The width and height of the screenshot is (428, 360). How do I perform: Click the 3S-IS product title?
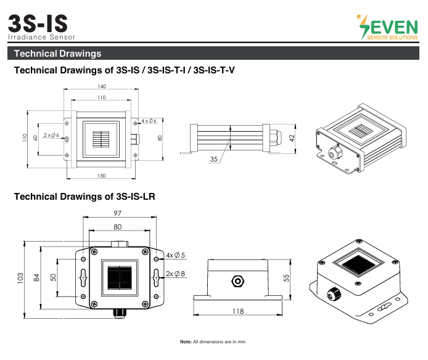point(38,23)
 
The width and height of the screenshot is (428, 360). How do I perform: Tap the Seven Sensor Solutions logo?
point(387,27)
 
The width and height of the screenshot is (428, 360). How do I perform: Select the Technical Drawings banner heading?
point(57,54)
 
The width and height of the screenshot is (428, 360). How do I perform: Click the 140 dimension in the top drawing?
point(102,86)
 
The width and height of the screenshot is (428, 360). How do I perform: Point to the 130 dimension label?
point(102,176)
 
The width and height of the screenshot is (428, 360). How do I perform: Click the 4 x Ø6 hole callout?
point(149,121)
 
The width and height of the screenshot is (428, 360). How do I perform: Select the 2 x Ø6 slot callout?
point(51,135)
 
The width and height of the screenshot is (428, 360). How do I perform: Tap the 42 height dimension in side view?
point(292,138)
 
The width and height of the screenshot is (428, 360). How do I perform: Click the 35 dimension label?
point(214,159)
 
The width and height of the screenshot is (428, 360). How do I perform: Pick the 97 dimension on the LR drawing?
point(117,213)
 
